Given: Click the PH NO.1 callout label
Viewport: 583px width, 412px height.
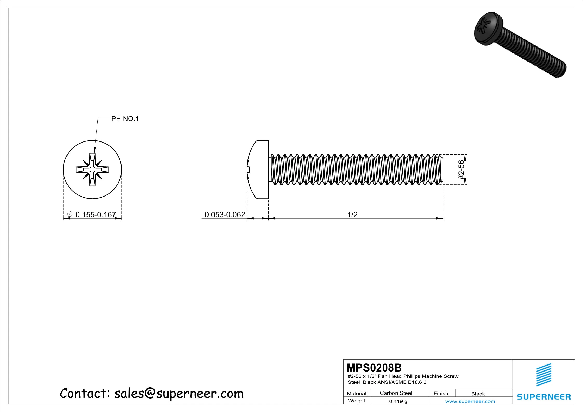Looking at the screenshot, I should pyautogui.click(x=125, y=119).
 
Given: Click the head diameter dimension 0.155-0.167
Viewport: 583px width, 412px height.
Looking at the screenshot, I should pyautogui.click(x=96, y=215).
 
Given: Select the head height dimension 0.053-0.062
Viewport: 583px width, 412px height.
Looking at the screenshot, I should pyautogui.click(x=225, y=215).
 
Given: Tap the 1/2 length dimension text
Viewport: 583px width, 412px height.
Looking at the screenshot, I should pyautogui.click(x=352, y=215).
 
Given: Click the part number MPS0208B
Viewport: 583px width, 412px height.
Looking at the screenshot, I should pyautogui.click(x=374, y=368).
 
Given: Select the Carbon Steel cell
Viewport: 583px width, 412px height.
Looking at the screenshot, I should pyautogui.click(x=396, y=393).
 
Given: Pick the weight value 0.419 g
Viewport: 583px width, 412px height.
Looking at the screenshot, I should pyautogui.click(x=398, y=401).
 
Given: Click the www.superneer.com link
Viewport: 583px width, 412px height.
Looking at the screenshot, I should pyautogui.click(x=470, y=401).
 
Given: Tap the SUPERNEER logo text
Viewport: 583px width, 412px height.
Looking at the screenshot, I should pyautogui.click(x=544, y=397).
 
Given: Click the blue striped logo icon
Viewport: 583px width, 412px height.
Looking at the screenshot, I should pyautogui.click(x=544, y=375).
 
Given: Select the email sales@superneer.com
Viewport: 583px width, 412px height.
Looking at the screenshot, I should pyautogui.click(x=179, y=394).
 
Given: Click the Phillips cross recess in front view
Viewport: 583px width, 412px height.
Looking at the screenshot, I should pyautogui.click(x=92, y=170).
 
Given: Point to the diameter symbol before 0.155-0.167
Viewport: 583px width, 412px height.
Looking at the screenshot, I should pyautogui.click(x=69, y=214).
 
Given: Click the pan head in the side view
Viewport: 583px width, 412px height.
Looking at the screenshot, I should pyautogui.click(x=258, y=170).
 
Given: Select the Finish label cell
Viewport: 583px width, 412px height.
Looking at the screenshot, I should pyautogui.click(x=441, y=393).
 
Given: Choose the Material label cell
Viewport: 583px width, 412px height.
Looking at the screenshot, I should pyautogui.click(x=356, y=393).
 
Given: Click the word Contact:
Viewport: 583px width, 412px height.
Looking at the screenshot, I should pyautogui.click(x=85, y=394).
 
